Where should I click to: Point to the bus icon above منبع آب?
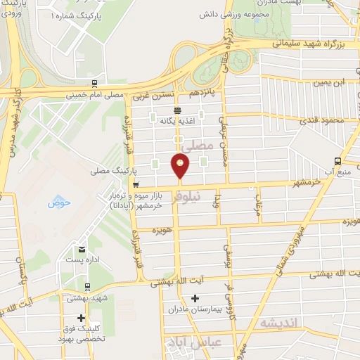pos(337,160)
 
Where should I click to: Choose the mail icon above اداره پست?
pos(82,250)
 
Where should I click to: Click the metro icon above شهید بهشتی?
pos(86,287)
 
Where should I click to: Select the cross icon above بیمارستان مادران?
pos(195,299)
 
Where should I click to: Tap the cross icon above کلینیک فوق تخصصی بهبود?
pos(82,318)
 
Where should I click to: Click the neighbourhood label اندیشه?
pos(280,323)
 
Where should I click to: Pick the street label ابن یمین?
pos(330,84)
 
